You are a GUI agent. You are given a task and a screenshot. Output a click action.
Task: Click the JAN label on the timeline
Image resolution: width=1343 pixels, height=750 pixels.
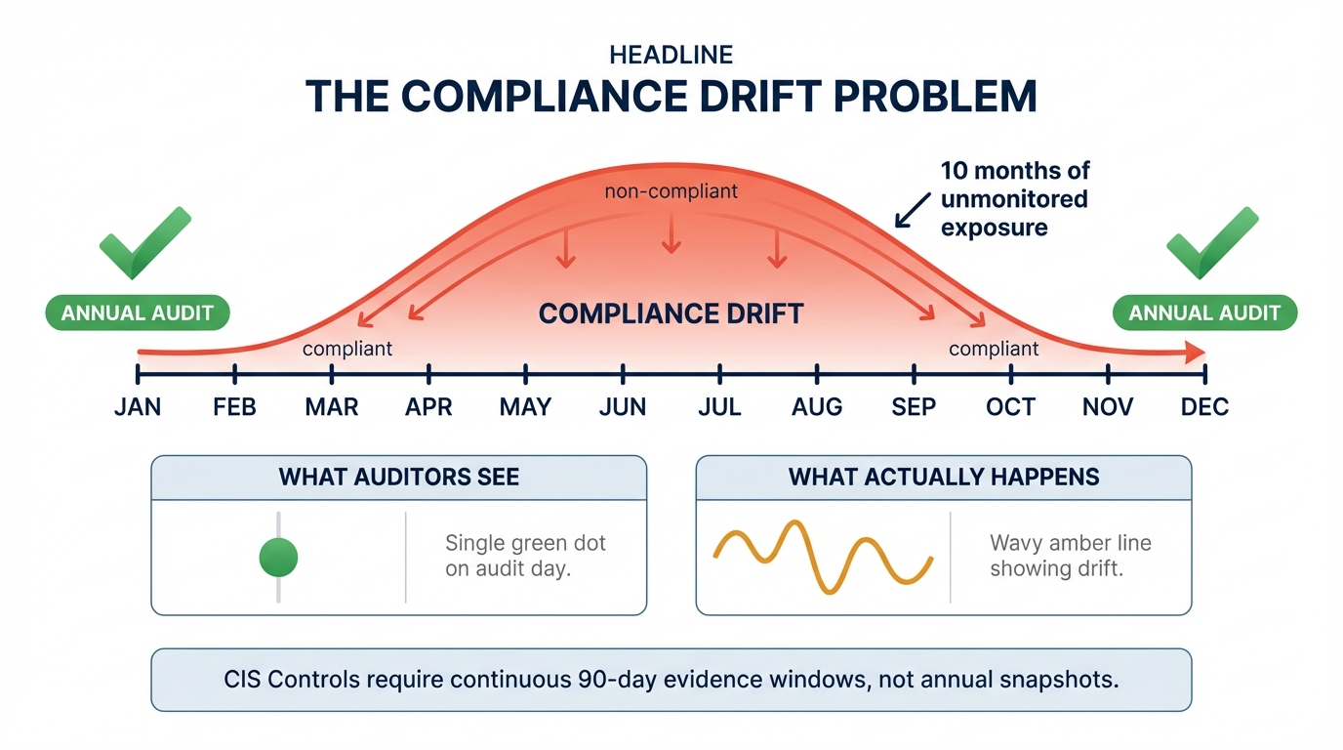click(x=138, y=407)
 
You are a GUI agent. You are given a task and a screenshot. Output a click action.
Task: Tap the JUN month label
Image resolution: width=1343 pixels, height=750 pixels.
click(x=623, y=407)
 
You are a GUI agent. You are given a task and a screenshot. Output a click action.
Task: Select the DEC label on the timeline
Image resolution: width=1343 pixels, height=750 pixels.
click(x=1204, y=407)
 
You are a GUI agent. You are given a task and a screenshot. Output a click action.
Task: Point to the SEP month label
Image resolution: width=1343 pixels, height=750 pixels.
click(x=914, y=407)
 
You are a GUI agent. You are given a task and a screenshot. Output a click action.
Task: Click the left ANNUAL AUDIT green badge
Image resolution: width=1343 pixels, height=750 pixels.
click(x=138, y=313)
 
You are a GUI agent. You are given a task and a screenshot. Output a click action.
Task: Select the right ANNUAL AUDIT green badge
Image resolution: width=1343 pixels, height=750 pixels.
click(x=1204, y=313)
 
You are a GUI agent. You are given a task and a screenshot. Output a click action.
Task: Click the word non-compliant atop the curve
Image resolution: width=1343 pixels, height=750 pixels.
click(x=671, y=191)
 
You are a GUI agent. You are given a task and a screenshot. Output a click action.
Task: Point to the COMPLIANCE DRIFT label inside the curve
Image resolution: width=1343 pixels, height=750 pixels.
click(x=671, y=313)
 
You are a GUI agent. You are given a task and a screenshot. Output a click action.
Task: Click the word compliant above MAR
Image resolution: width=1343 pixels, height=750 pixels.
click(x=347, y=349)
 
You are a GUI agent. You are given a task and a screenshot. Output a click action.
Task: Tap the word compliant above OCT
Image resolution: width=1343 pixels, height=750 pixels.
click(x=994, y=349)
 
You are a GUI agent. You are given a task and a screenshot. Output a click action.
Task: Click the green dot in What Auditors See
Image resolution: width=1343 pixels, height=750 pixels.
click(x=278, y=558)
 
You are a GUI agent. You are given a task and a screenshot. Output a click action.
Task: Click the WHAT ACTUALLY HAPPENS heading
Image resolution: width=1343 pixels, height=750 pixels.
click(x=944, y=478)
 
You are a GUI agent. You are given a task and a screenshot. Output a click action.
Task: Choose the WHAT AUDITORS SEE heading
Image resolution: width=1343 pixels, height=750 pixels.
click(x=399, y=478)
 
